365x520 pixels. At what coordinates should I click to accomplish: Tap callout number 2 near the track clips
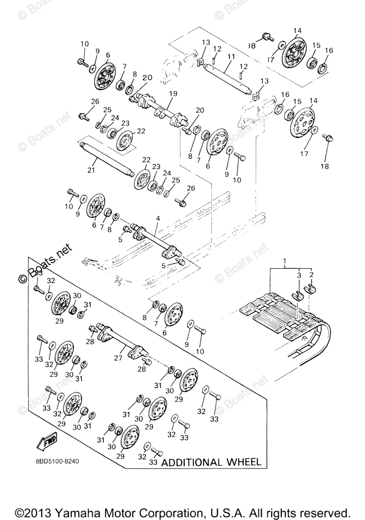(x=311, y=275)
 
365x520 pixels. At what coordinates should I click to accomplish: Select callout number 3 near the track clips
(x=299, y=275)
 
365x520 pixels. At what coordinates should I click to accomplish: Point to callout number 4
(x=158, y=219)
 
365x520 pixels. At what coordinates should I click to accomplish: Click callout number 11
(x=231, y=57)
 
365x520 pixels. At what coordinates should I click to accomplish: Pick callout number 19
(x=173, y=93)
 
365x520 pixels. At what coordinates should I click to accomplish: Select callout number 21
(x=91, y=170)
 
